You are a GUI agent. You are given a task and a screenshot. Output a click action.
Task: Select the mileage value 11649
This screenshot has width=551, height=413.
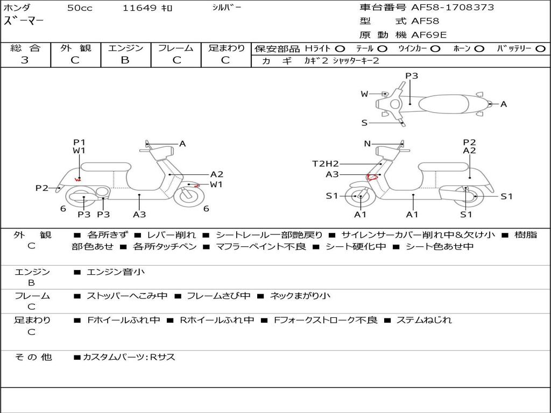(x=139, y=8)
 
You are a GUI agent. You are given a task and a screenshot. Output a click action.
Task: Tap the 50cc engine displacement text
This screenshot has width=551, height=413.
(x=80, y=8)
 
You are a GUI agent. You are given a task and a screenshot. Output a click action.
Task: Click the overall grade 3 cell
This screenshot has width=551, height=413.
(x=25, y=60)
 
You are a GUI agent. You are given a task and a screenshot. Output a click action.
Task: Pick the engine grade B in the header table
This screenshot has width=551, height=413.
(x=125, y=60)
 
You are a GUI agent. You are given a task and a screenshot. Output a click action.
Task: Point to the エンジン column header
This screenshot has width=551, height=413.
(x=125, y=48)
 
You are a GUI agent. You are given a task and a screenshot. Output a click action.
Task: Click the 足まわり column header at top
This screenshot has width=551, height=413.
(x=226, y=48)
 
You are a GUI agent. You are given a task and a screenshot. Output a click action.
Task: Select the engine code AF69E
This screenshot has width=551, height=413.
(x=429, y=35)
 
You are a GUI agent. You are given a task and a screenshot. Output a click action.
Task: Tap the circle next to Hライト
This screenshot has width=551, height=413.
(x=340, y=48)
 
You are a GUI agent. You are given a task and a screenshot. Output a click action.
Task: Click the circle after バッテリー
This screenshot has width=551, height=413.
(x=540, y=48)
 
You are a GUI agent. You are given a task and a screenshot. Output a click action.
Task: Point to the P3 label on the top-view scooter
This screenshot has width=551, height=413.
(x=412, y=76)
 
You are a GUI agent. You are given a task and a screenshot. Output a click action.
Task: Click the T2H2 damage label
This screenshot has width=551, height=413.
(x=326, y=163)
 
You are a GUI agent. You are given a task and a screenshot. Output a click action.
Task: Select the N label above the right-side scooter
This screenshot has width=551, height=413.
(x=368, y=144)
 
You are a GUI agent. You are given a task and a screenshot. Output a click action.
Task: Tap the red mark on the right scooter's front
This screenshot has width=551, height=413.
(x=371, y=176)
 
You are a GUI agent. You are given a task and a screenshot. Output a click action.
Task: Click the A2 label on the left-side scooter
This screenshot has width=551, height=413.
(x=217, y=174)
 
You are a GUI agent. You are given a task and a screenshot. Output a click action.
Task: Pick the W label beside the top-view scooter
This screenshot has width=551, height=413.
(x=364, y=94)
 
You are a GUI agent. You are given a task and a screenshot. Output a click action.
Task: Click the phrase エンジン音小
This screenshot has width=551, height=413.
(x=116, y=272)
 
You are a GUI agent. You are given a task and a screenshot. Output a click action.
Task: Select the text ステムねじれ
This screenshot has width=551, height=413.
(x=424, y=320)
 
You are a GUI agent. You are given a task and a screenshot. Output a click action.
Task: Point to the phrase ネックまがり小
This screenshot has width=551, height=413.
(x=300, y=296)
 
